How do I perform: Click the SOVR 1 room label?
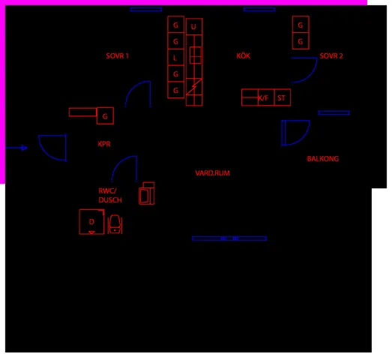117,55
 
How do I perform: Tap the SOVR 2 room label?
331,55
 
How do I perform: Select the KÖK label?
244,55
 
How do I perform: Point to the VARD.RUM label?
213,173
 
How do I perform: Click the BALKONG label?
323,158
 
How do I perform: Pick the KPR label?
104,144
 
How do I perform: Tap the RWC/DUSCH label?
110,196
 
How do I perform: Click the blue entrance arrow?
16,148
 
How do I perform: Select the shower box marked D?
91,222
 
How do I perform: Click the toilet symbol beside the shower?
115,224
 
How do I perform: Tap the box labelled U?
194,26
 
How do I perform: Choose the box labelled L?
175,58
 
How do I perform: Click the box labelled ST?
283,97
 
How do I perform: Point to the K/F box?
266,97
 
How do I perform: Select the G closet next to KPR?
105,115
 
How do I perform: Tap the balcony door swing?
304,137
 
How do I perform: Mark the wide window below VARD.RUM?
229,238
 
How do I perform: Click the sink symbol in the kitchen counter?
195,55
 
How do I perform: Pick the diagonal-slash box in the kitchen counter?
194,86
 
